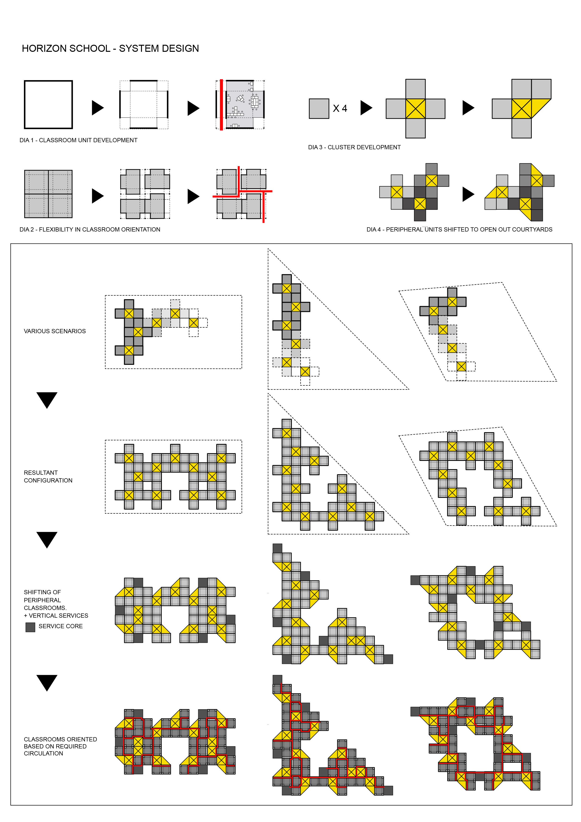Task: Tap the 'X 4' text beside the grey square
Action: coord(340,108)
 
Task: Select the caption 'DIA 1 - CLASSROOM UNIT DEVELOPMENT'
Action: coord(78,140)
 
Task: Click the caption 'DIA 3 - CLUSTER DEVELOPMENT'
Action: coord(354,147)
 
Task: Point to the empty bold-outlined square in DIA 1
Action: coord(48,105)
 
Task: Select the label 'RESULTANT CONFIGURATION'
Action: coord(48,477)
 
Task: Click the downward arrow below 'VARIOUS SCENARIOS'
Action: coord(47,400)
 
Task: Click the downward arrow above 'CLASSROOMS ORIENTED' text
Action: coord(47,682)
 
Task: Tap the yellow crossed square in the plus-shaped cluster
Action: coord(415,109)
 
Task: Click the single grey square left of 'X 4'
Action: coord(319,108)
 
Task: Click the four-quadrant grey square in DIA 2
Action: coord(48,194)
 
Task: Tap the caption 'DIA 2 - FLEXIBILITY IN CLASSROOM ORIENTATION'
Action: coord(90,229)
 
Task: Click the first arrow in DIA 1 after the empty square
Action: coord(97,108)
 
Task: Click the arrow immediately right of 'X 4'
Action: coord(366,108)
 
